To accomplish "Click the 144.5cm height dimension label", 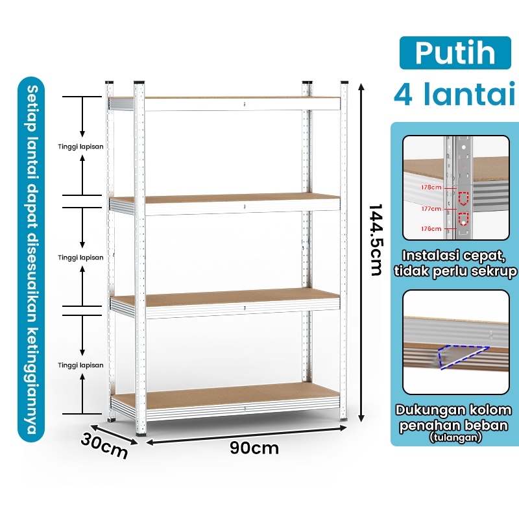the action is click(376, 240).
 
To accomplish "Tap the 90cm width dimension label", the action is click(254, 448).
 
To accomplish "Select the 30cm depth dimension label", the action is click(104, 446).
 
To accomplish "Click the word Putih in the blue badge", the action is click(455, 53).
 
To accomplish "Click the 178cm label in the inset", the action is click(431, 187).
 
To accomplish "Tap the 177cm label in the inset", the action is click(431, 209).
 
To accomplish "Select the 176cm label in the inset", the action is click(431, 229).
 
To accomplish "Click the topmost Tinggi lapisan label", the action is click(80, 147).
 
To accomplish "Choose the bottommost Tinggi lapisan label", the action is click(80, 365).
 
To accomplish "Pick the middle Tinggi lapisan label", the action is click(80, 258).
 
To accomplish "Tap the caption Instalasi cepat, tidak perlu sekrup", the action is click(455, 263).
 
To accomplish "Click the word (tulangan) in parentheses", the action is click(455, 437).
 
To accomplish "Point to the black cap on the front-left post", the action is click(139, 82).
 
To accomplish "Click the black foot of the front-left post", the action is click(141, 433).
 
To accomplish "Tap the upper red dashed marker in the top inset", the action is click(463, 199).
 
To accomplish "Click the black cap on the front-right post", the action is click(344, 82).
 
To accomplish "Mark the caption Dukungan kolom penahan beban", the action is click(453, 418).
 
